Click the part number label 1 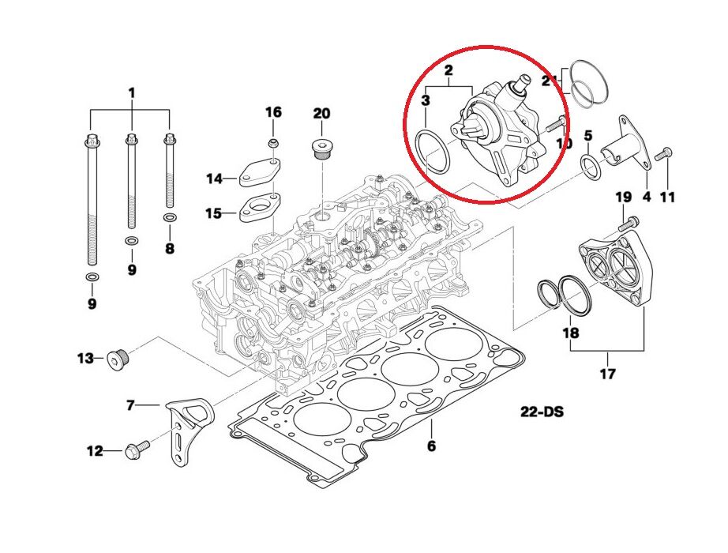click(x=132, y=93)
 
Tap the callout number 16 click(x=273, y=112)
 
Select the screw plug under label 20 click(x=322, y=149)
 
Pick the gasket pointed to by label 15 click(x=261, y=207)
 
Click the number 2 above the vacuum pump click(x=448, y=72)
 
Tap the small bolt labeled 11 click(x=664, y=152)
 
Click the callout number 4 click(x=647, y=197)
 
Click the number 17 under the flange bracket click(x=607, y=374)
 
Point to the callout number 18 click(x=569, y=333)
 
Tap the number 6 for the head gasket click(x=431, y=446)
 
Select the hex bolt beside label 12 click(x=133, y=451)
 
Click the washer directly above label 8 click(x=169, y=216)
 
